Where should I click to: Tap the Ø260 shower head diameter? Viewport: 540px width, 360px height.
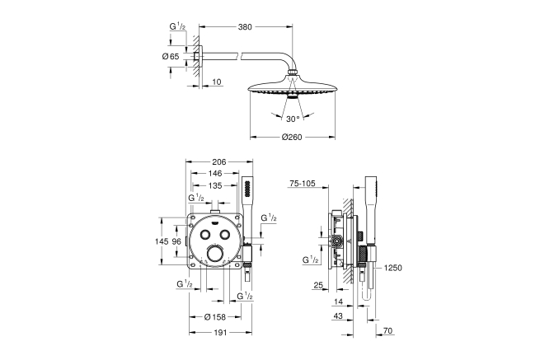click(293, 137)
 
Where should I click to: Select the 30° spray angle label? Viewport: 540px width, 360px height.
click(293, 119)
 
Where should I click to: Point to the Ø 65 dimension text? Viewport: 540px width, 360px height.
click(171, 55)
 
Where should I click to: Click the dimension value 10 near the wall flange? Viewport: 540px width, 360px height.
click(215, 82)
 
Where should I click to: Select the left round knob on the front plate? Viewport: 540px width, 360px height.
click(203, 233)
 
